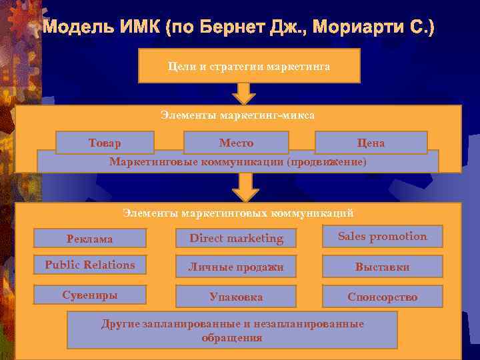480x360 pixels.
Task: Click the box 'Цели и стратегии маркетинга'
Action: click(249, 66)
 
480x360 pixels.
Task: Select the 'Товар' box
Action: click(105, 142)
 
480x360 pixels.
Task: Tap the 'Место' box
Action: click(236, 142)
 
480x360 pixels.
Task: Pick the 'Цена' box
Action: click(371, 142)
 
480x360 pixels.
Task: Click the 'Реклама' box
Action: click(90, 238)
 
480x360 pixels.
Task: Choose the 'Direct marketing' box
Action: click(236, 238)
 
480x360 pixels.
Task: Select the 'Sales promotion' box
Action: click(383, 237)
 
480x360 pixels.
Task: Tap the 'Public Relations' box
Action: click(90, 265)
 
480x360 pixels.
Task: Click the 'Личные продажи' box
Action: click(236, 267)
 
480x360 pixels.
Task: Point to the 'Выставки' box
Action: click(383, 267)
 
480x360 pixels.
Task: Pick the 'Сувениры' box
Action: click(90, 295)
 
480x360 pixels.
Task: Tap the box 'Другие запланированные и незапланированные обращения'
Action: click(233, 330)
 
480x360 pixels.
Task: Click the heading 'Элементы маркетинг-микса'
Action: click(237, 115)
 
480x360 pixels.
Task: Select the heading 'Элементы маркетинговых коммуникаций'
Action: click(238, 213)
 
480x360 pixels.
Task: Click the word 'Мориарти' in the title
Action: click(364, 29)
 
